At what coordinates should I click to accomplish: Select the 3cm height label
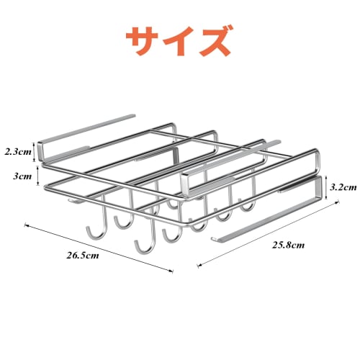pyautogui.click(x=22, y=176)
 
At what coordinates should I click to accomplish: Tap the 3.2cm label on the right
pyautogui.click(x=343, y=186)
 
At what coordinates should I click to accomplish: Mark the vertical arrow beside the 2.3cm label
pyautogui.click(x=38, y=152)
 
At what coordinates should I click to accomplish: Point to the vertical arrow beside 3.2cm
pyautogui.click(x=327, y=186)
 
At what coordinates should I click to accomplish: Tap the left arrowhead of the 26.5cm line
pyautogui.click(x=27, y=225)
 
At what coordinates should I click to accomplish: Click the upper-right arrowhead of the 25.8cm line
pyautogui.click(x=337, y=204)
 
